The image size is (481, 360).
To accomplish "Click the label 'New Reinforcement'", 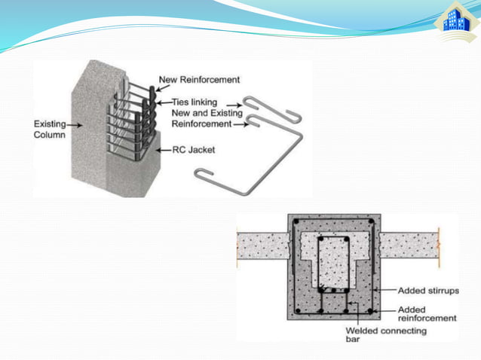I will point(199,79).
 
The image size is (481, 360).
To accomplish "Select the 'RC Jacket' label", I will point(194,150).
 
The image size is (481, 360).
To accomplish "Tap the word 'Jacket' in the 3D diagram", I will point(201,150).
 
